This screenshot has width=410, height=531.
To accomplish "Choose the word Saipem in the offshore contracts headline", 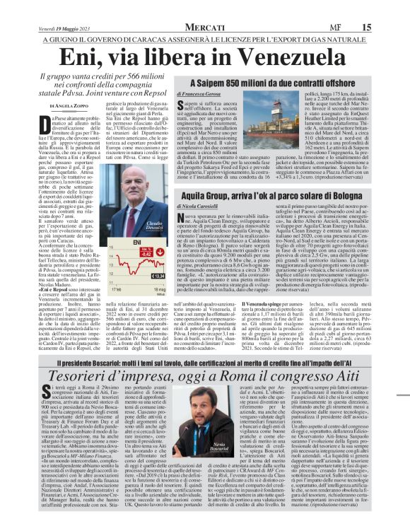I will coord(214,82).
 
